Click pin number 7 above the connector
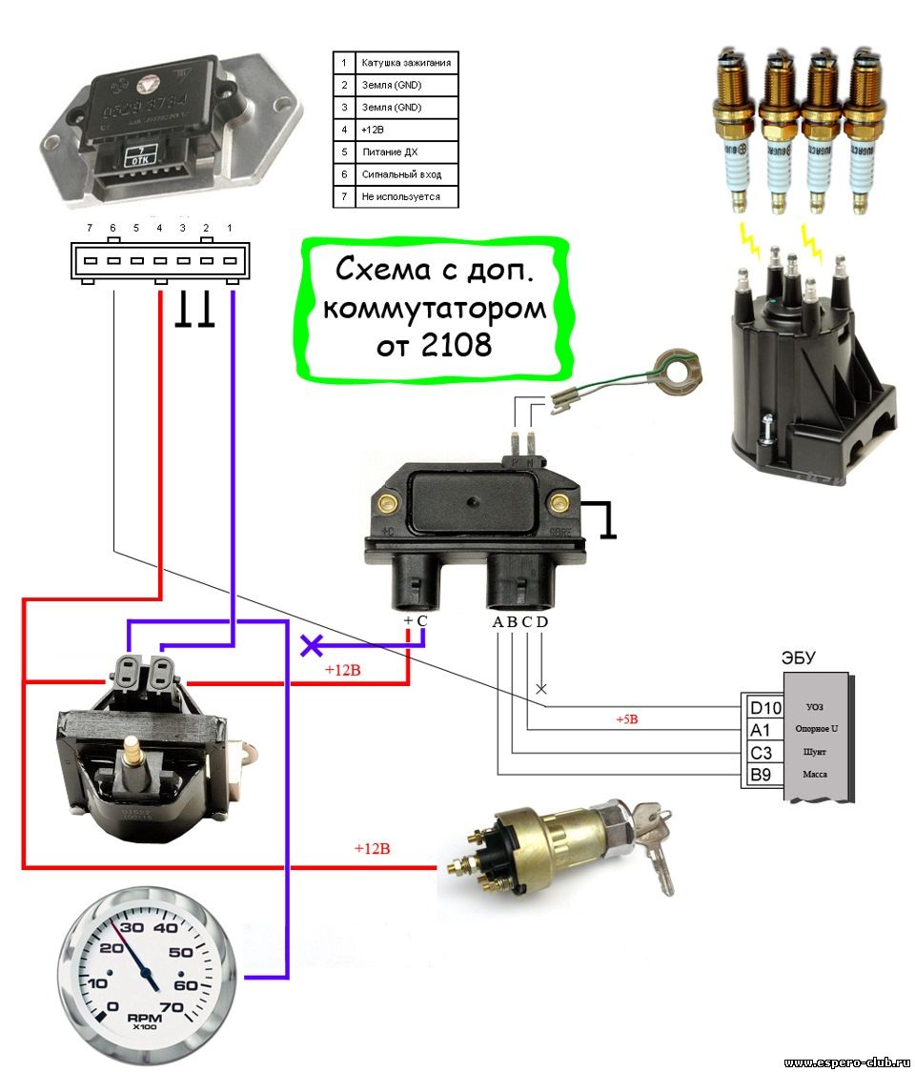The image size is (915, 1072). (89, 229)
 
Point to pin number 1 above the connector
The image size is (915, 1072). (230, 229)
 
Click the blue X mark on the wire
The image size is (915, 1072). (311, 645)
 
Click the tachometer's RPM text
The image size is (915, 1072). (147, 1018)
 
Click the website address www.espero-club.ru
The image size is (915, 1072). (846, 1062)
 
